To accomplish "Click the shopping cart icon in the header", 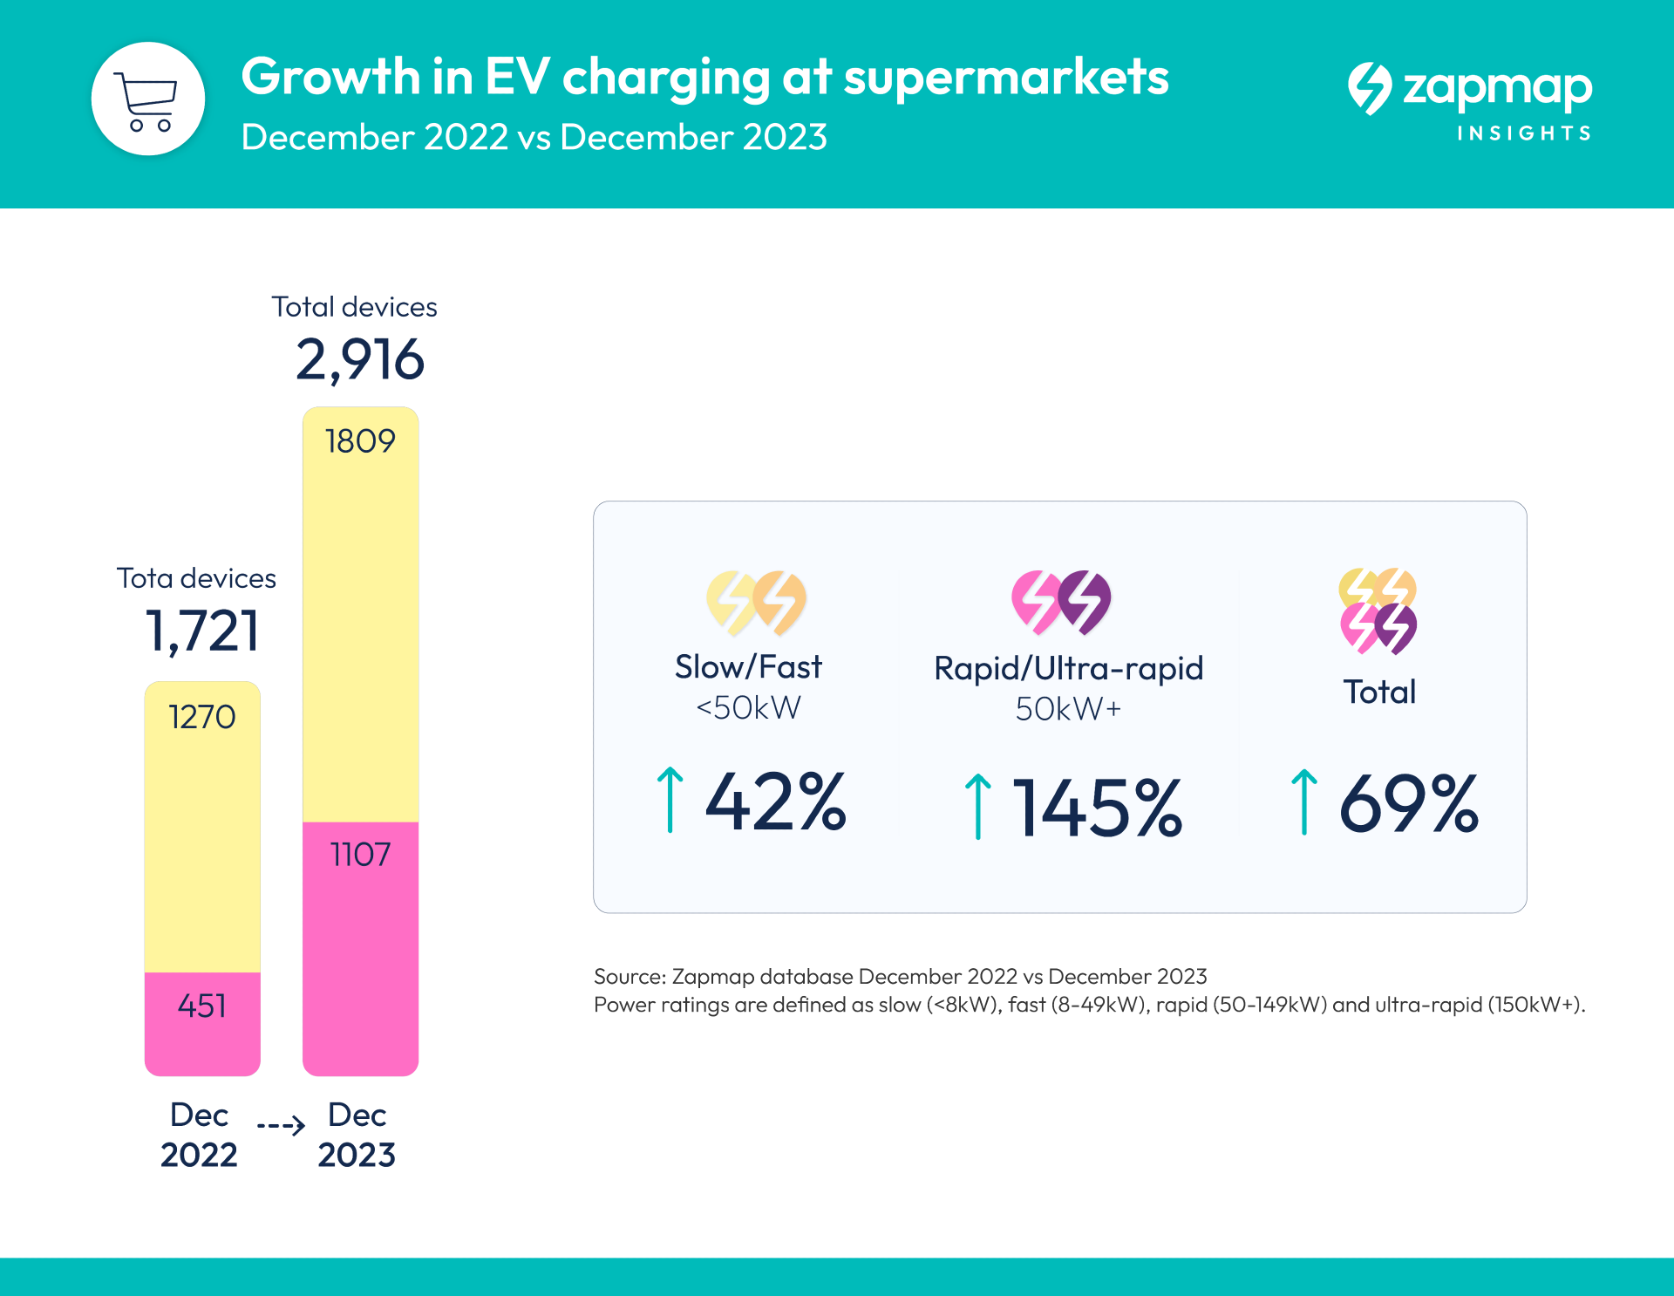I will point(147,99).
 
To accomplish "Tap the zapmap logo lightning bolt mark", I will point(1370,88).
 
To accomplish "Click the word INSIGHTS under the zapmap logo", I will point(1524,133).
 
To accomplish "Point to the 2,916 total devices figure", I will point(359,359).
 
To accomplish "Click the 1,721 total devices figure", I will point(202,631).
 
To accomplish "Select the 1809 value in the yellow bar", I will point(360,441).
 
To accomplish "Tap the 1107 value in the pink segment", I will point(360,855).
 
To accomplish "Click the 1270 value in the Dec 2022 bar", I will point(202,717).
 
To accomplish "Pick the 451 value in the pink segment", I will point(202,1006).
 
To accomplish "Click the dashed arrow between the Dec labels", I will point(281,1125).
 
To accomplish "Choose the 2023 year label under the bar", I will point(357,1155).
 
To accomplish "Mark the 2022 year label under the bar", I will point(199,1155).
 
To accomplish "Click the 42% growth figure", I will point(775,802).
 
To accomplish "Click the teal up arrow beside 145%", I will point(978,807).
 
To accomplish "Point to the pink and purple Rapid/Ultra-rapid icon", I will point(1061,601).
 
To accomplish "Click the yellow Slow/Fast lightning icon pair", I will point(756,602).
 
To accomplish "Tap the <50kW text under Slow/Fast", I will point(748,707).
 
